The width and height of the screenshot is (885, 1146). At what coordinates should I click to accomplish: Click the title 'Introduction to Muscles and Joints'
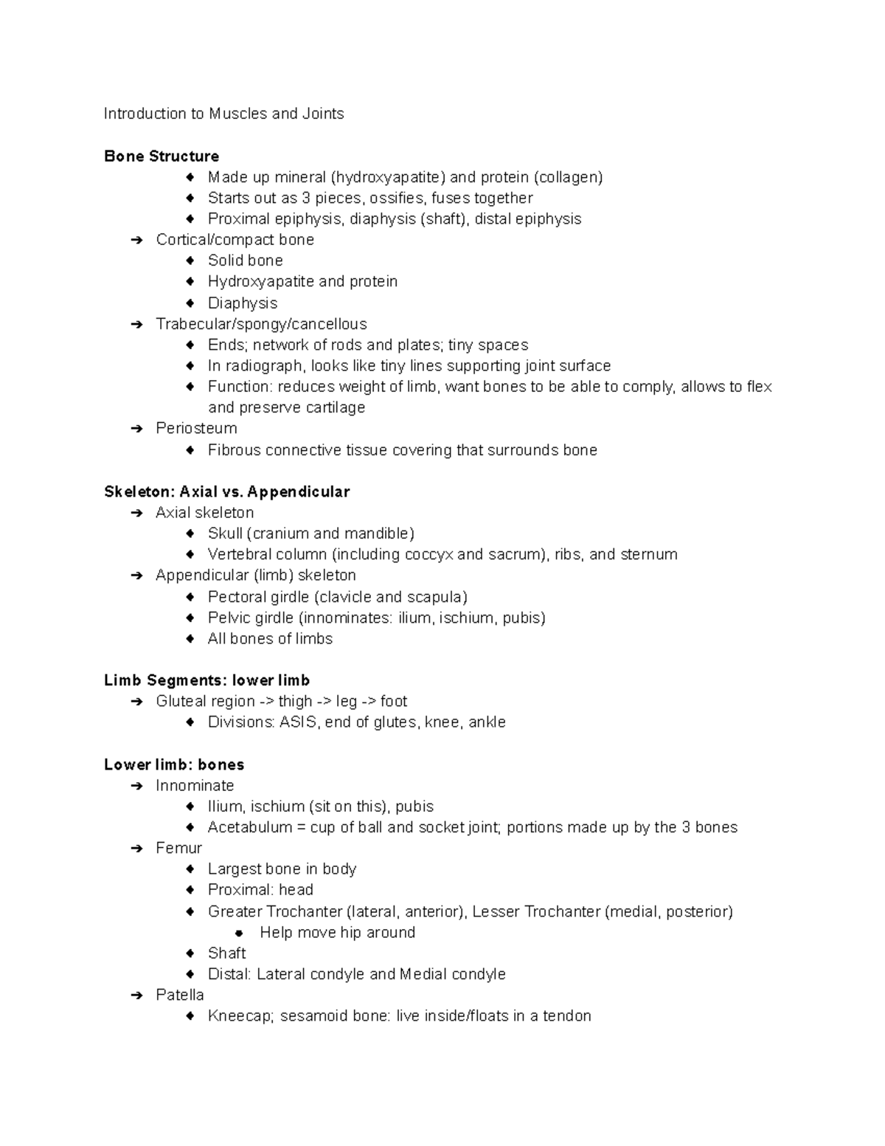coord(223,114)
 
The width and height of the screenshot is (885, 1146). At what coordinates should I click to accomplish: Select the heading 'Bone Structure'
coord(162,156)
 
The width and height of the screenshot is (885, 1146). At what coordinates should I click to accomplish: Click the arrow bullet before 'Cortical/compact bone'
coord(136,240)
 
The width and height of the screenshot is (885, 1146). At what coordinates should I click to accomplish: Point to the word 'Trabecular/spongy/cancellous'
coord(261,324)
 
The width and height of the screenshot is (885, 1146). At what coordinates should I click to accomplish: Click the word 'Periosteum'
coord(196,429)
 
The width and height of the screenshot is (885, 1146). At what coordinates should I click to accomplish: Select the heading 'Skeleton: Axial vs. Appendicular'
coord(226,491)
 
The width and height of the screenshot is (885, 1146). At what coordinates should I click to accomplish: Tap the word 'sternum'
coord(649,554)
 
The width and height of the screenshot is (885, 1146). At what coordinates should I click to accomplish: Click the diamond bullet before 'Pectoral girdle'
coord(190,597)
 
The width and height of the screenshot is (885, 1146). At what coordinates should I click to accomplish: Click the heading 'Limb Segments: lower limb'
coord(206,680)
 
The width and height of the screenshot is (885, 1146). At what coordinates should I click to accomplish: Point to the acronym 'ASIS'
coord(298,722)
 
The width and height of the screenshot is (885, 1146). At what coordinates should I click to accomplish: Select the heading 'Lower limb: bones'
coord(174,764)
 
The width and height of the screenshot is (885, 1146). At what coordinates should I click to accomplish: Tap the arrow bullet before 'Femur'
coord(136,849)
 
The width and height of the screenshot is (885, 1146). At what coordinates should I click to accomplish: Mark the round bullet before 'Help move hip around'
coord(239,933)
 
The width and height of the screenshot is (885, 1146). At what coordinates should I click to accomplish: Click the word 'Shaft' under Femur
coord(226,953)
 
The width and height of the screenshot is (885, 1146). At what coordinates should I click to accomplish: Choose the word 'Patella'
coord(179,995)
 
